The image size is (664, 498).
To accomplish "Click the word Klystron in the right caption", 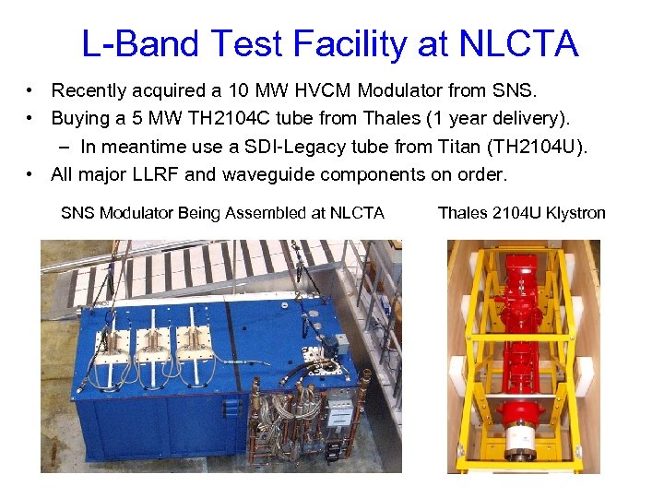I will pyautogui.click(x=575, y=213).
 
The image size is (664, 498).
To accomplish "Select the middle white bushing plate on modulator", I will pyautogui.click(x=156, y=339).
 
